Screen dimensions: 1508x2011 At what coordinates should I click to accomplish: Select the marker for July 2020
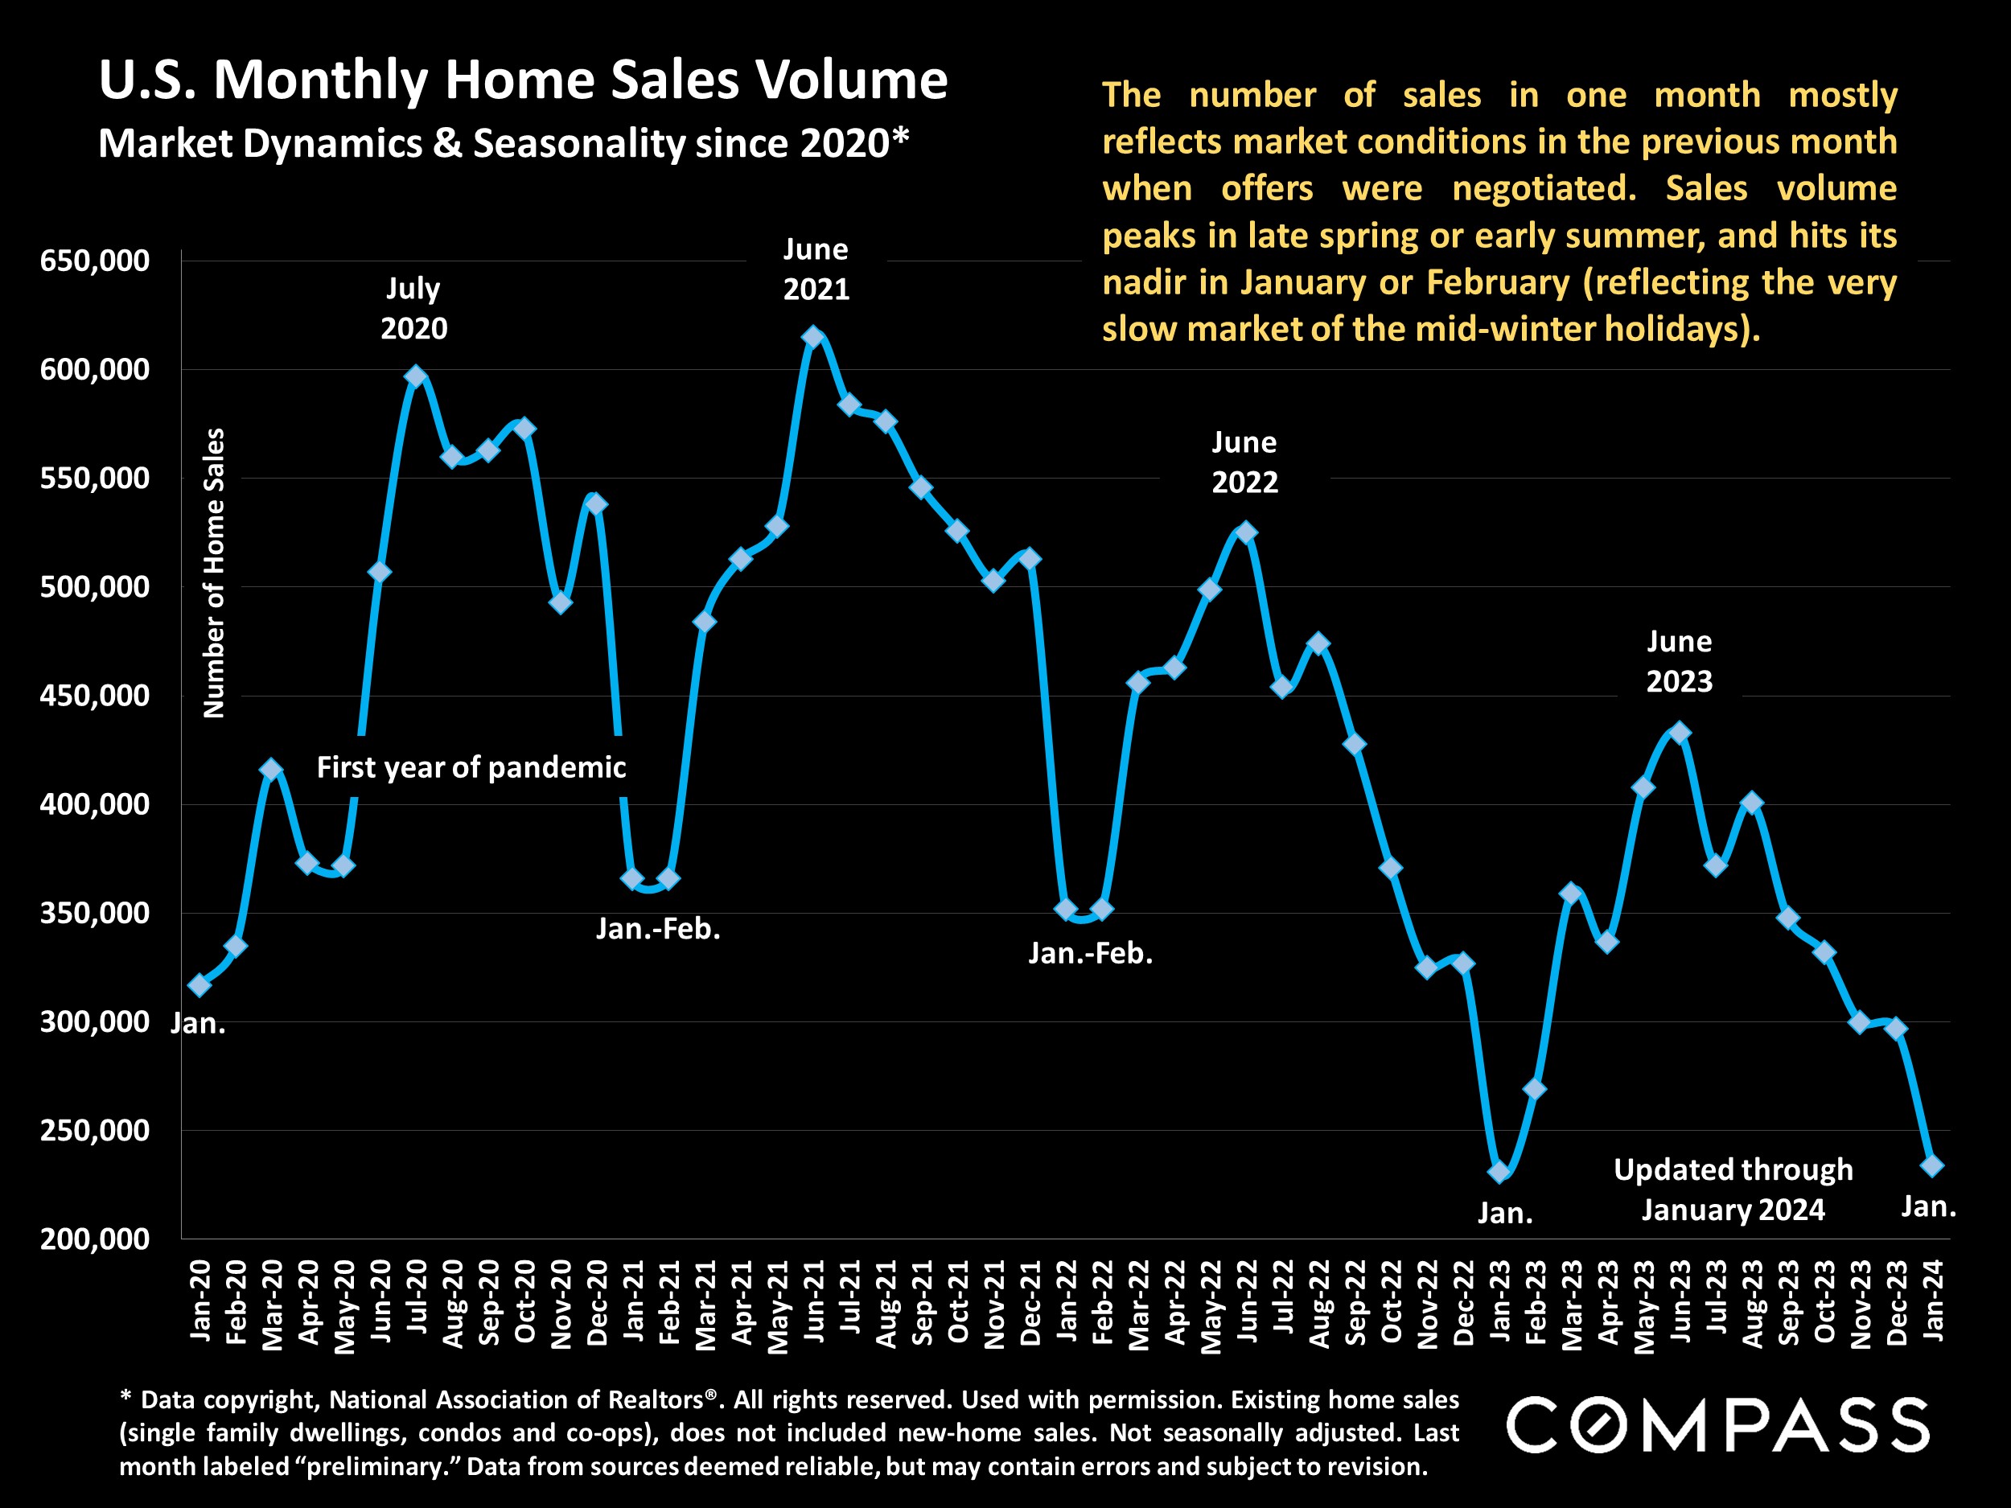click(x=416, y=376)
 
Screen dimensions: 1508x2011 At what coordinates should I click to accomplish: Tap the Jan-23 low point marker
click(x=1499, y=1173)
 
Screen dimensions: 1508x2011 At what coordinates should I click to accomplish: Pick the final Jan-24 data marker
click(x=1933, y=1165)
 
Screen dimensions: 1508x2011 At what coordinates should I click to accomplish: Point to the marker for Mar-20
click(x=271, y=770)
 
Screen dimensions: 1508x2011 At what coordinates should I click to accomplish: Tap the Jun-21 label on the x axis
click(x=815, y=1300)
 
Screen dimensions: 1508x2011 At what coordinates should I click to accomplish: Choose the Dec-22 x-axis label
click(x=1464, y=1301)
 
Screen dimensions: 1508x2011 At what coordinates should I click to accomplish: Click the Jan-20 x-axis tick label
click(x=200, y=1300)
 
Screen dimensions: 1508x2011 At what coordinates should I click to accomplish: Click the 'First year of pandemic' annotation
click(x=471, y=767)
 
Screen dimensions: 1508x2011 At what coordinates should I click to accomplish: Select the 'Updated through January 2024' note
click(x=1733, y=1189)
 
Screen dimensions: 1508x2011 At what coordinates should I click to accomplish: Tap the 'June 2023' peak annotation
click(x=1679, y=661)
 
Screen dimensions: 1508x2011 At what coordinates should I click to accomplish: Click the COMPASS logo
click(x=1717, y=1425)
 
